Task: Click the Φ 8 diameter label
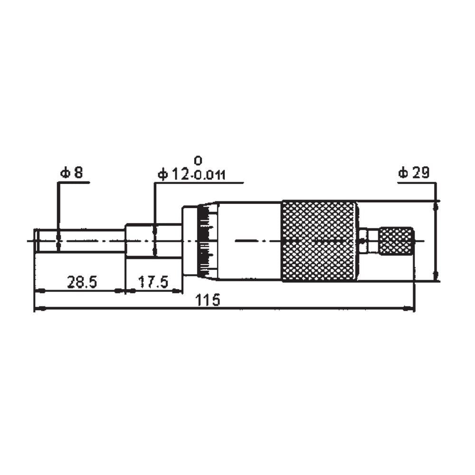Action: tap(72, 173)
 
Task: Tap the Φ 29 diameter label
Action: tap(414, 173)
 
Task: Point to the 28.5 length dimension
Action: tap(82, 282)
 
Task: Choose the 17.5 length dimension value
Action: tap(153, 282)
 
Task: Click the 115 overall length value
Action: tap(208, 300)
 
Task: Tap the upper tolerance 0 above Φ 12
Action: tap(198, 161)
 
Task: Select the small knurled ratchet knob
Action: tap(397, 241)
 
